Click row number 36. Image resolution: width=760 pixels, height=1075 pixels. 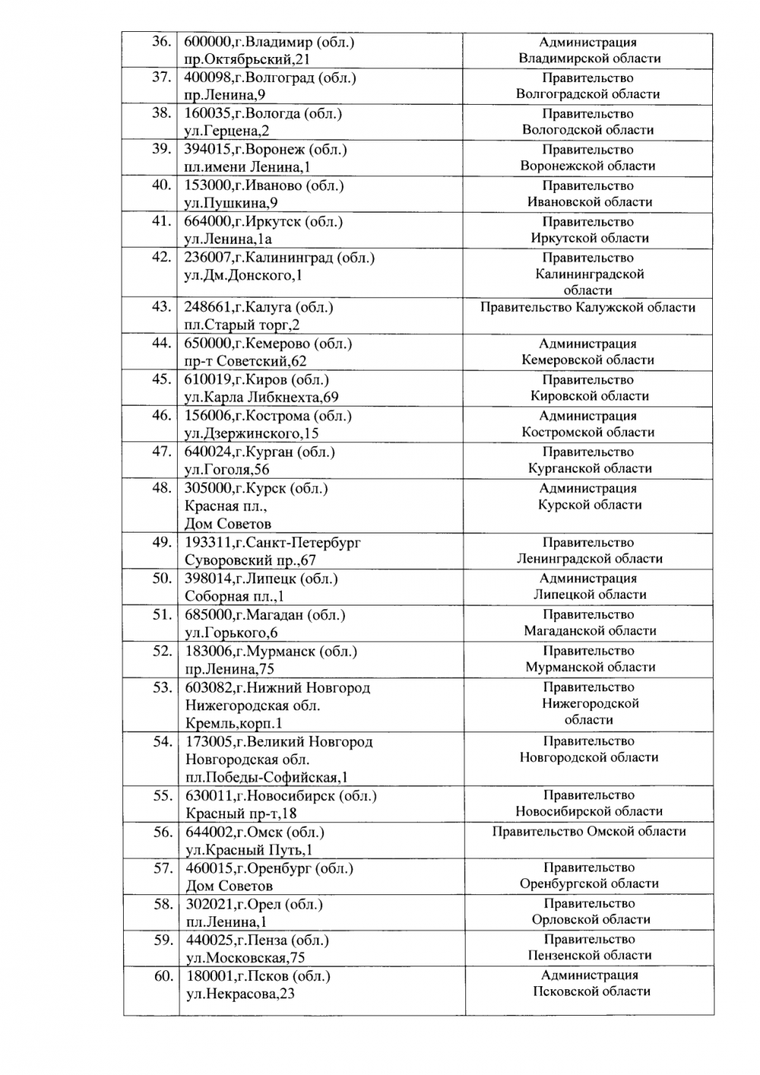point(160,42)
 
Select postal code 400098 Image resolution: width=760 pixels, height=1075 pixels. point(207,77)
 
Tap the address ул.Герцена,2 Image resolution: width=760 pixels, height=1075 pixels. point(227,131)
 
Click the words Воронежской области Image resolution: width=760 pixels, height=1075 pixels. point(587,166)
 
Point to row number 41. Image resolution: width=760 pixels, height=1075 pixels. point(160,222)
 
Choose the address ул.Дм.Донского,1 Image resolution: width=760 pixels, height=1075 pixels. point(243,275)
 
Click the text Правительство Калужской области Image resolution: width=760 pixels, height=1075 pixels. point(587,308)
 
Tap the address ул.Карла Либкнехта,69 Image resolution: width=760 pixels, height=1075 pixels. point(261,397)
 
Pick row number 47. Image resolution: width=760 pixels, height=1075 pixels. point(160,452)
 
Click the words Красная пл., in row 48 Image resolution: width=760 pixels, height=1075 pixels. point(226,506)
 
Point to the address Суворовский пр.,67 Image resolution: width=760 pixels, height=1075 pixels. point(250,561)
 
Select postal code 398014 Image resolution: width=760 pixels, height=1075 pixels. point(208,578)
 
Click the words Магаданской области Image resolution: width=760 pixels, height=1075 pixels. point(590,631)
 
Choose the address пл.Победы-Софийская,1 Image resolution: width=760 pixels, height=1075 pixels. point(267,777)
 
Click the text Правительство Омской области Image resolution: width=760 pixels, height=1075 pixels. point(589,832)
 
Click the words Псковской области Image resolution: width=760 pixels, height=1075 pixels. point(591,991)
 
